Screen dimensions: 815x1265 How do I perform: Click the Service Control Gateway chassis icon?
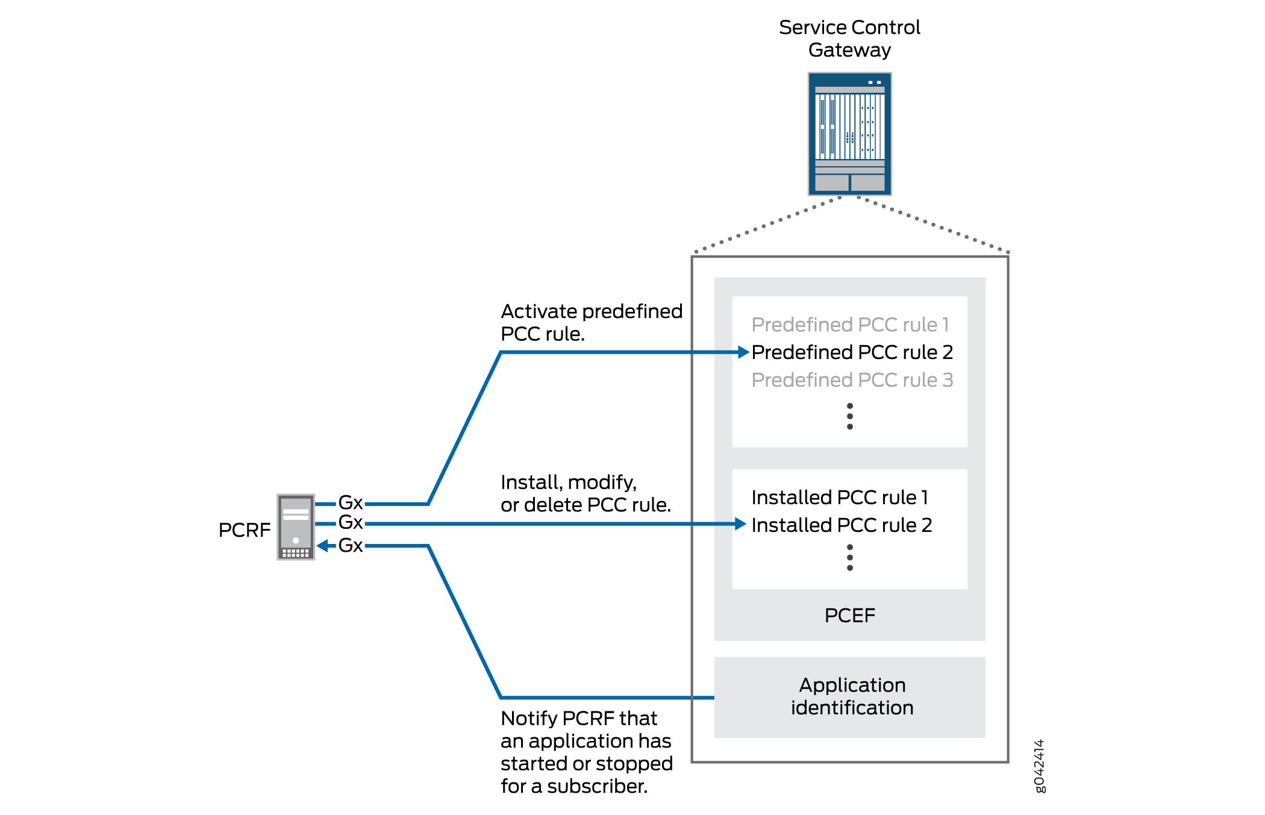tap(849, 134)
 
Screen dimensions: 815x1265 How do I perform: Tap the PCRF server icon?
tap(296, 527)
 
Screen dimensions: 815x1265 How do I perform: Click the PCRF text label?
tap(244, 530)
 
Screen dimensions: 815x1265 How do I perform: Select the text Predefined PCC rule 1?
tap(850, 325)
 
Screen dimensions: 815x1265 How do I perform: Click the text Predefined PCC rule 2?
tap(852, 352)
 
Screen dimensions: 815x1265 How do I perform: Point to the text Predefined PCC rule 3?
tap(852, 380)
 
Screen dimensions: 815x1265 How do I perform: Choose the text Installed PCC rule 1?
tap(840, 498)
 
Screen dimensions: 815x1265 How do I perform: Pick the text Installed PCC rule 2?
tap(842, 525)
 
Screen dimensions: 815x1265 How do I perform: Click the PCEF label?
tap(849, 616)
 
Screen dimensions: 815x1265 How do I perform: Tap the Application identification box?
tap(849, 697)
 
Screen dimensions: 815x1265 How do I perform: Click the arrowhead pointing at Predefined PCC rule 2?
tap(744, 352)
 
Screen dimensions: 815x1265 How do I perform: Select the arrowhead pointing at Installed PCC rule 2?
tap(741, 524)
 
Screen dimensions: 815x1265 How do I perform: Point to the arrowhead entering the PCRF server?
tap(323, 546)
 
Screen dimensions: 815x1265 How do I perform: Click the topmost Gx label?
tap(351, 502)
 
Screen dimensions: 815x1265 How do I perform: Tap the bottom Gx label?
tap(351, 546)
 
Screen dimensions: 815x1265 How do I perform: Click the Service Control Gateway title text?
tap(849, 39)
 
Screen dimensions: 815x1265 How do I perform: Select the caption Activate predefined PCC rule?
tap(591, 322)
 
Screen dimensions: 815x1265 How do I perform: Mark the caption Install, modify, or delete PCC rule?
tap(586, 493)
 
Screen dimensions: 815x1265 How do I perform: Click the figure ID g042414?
tap(1039, 766)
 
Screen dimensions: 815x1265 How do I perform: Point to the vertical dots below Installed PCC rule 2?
tap(849, 558)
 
